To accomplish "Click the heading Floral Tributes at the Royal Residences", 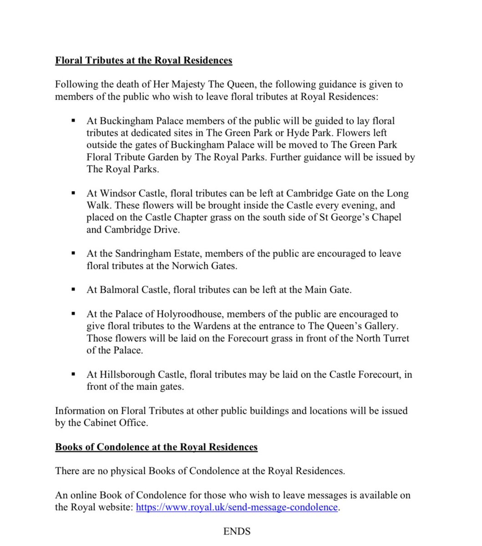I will point(143,61).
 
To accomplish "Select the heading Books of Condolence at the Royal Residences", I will point(156,447).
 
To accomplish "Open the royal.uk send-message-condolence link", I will point(237,507).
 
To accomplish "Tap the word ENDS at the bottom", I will point(237,531).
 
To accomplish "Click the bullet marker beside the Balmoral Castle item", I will point(72,289).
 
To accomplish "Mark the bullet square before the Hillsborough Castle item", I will point(72,375).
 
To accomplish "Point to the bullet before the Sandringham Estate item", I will point(72,253).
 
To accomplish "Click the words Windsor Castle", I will point(129,193).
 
